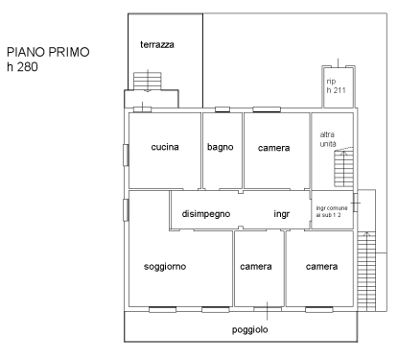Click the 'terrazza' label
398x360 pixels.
pos(157,44)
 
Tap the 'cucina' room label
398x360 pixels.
pos(165,147)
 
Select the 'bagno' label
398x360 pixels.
pos(221,147)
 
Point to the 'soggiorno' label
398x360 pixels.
pos(165,267)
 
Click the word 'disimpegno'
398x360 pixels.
pos(206,214)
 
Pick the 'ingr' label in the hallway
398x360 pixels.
pos(282,214)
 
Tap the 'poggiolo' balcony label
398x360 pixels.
pos(249,329)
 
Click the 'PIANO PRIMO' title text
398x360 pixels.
pos(48,52)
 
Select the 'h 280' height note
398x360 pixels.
pos(22,67)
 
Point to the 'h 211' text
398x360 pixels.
pos(336,90)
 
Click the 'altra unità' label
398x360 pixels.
pos(328,139)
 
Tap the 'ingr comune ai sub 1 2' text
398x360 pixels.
pos(332,211)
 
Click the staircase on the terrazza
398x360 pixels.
pos(148,82)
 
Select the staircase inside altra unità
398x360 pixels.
pos(343,169)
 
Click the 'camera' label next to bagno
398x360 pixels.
pos(274,148)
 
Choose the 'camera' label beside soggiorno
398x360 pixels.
pos(256,267)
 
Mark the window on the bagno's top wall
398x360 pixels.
pos(222,109)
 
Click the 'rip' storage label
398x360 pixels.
pos(331,82)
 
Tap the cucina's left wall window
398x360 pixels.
pos(126,156)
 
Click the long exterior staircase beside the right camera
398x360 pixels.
pos(366,272)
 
